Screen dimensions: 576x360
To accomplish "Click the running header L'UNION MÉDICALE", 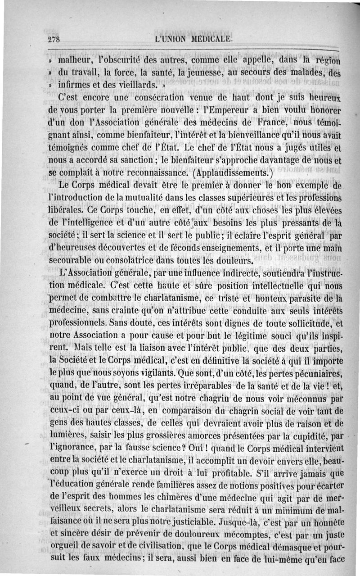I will (x=193, y=39).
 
